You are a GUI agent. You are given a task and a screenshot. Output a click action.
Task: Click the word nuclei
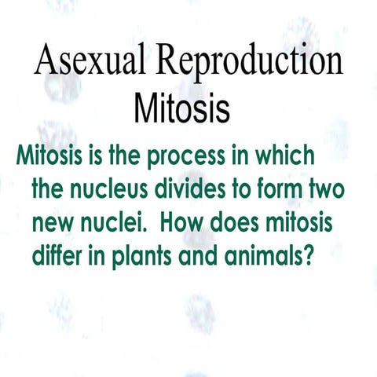click(x=115, y=223)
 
